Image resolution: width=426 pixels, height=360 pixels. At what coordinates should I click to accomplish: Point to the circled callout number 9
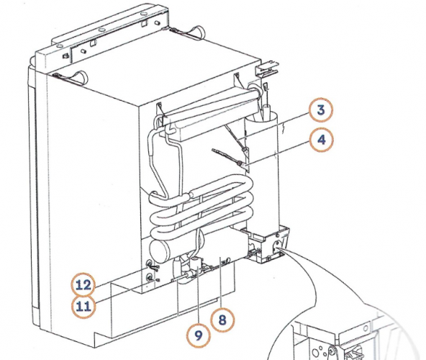point(196,334)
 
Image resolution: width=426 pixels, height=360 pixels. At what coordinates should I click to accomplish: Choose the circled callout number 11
point(84,306)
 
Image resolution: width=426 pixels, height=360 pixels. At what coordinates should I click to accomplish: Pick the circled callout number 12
point(84,284)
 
